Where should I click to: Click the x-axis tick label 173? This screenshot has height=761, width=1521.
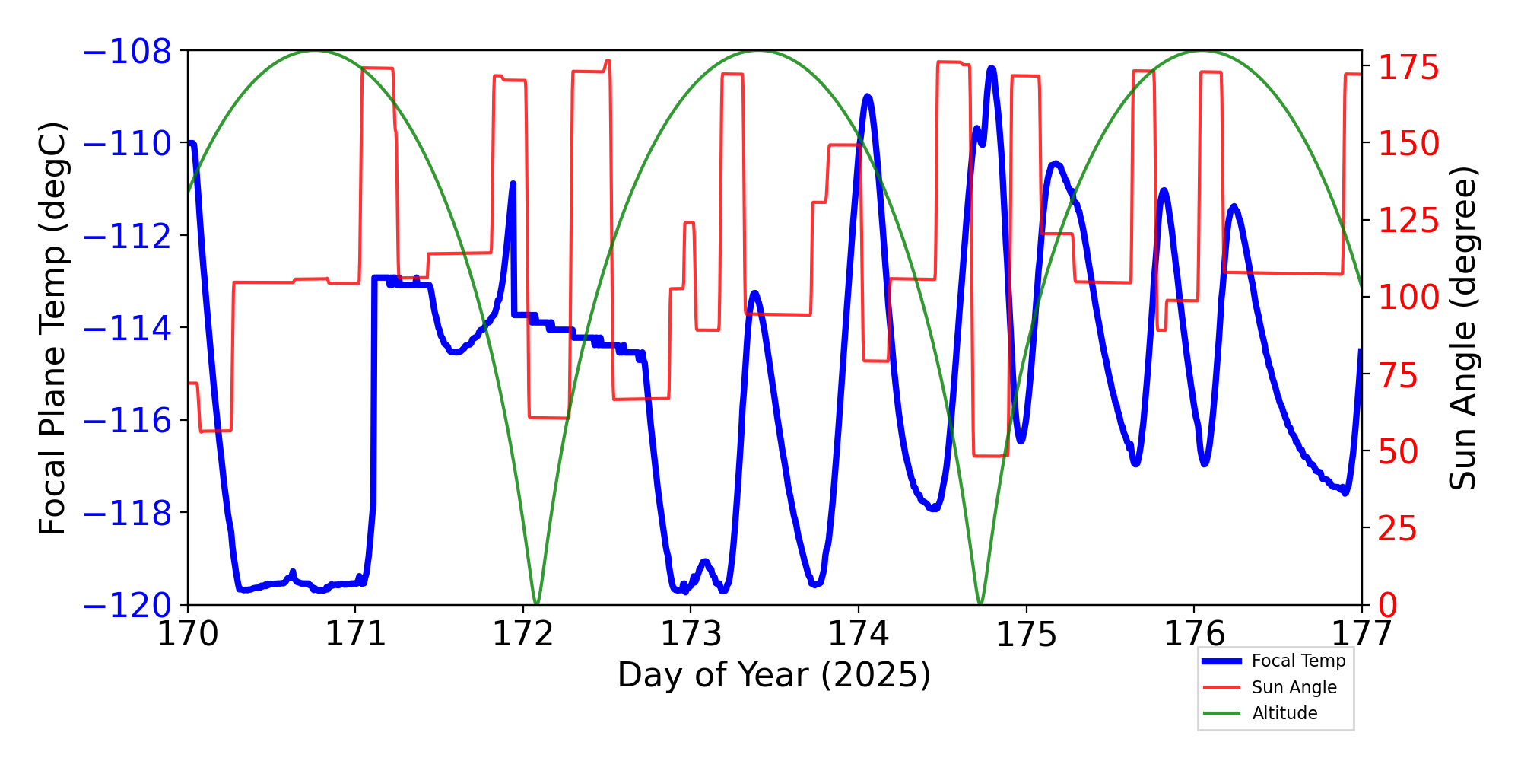click(691, 634)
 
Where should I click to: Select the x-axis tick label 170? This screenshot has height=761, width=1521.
click(188, 634)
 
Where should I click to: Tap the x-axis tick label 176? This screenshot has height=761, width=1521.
click(1194, 634)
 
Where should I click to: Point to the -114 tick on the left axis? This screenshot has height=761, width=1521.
click(127, 329)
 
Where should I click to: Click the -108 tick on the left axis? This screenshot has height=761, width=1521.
click(127, 52)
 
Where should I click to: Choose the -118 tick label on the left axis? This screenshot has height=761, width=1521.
click(127, 514)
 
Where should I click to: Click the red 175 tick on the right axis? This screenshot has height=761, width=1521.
click(1408, 68)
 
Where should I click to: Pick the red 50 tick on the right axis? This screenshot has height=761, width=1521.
click(1399, 452)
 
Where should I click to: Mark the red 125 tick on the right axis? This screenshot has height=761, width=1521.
click(1408, 221)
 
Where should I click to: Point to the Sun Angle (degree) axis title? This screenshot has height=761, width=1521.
click(1462, 329)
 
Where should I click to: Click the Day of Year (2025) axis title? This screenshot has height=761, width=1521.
click(773, 675)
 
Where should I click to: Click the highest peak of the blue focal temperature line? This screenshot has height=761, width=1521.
click(992, 69)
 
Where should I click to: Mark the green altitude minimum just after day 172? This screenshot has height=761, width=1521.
click(537, 603)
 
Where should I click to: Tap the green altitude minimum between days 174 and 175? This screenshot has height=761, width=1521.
click(980, 603)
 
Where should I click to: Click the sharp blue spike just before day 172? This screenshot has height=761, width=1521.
click(513, 184)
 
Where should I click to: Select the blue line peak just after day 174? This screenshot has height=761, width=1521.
click(868, 97)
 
